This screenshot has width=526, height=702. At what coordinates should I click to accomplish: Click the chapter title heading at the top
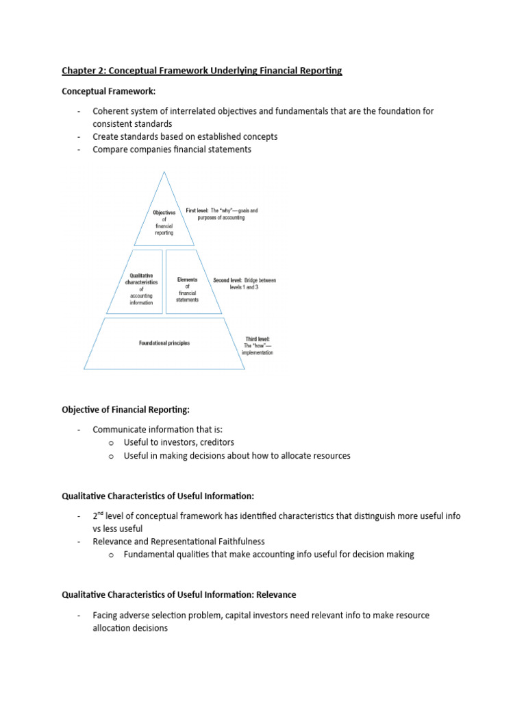(x=202, y=71)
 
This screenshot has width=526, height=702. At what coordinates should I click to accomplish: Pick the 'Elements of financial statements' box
(x=187, y=289)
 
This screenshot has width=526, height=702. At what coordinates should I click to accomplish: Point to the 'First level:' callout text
(x=201, y=210)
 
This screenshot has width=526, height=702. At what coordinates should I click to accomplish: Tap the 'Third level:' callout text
(x=258, y=339)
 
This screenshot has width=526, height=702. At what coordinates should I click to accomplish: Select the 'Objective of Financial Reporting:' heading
(x=125, y=409)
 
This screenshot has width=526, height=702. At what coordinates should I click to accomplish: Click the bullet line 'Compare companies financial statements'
(x=172, y=149)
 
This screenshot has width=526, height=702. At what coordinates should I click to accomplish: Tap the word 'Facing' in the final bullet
(x=107, y=615)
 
